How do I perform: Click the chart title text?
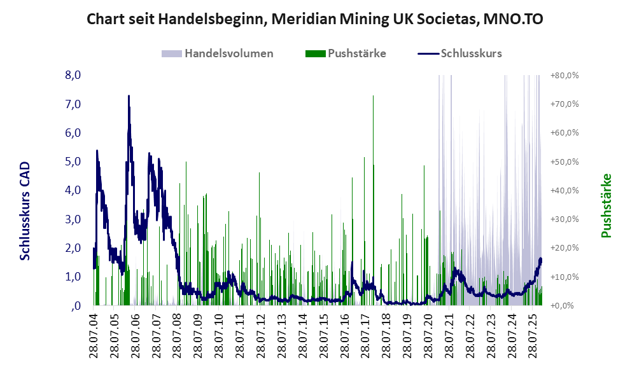click(x=315, y=20)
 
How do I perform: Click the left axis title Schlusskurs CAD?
click(x=25, y=211)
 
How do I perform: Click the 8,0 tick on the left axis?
click(x=73, y=75)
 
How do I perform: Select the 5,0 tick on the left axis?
click(x=73, y=162)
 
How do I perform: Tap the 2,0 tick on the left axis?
click(x=73, y=248)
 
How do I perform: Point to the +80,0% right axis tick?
click(x=564, y=75)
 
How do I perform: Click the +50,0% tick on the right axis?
click(x=564, y=162)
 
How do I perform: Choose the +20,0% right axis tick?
click(x=564, y=248)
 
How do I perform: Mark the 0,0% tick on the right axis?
click(x=564, y=306)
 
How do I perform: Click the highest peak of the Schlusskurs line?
click(x=129, y=97)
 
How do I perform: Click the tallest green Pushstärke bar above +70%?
click(x=373, y=97)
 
